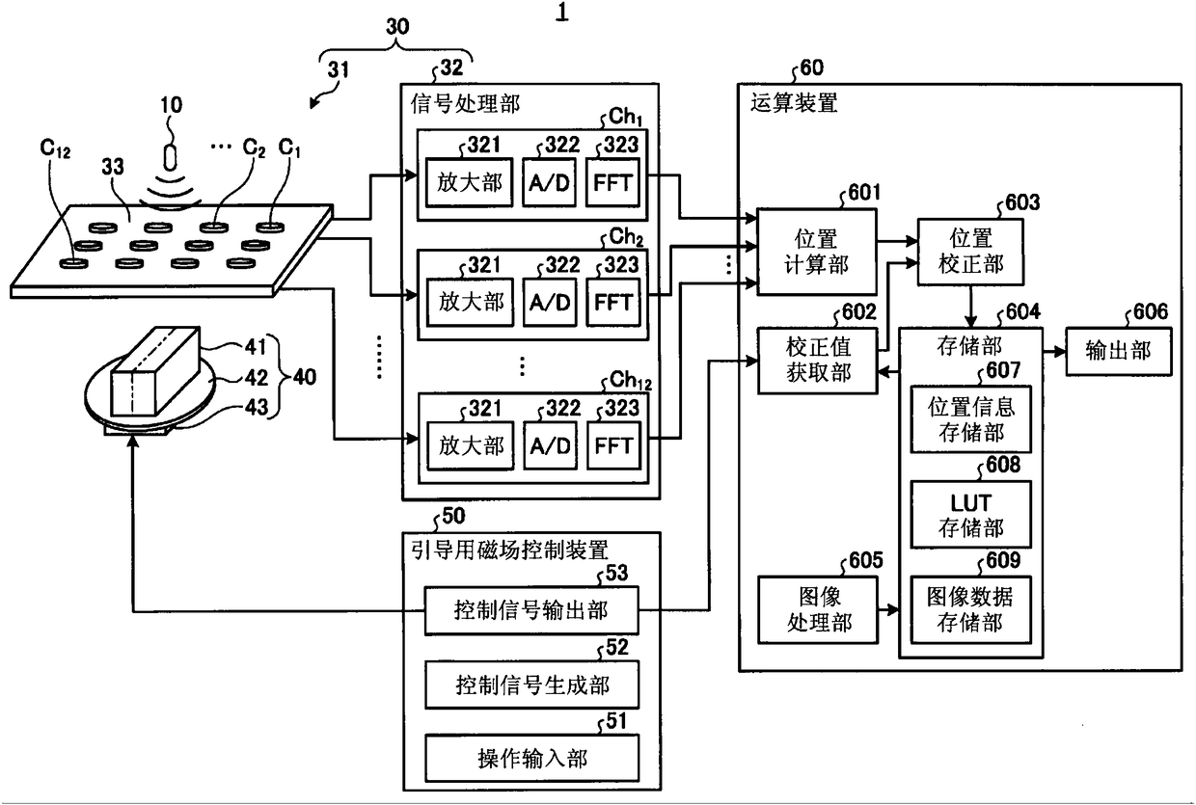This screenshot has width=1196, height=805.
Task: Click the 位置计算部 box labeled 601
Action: click(816, 252)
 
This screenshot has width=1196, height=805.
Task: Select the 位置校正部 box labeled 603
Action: click(970, 252)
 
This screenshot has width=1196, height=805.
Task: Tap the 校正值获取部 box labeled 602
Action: click(818, 361)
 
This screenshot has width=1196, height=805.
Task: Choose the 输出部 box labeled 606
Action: click(1119, 351)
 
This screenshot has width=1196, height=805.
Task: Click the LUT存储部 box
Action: click(970, 514)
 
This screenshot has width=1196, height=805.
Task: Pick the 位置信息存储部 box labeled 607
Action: click(970, 419)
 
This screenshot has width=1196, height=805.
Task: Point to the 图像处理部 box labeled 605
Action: click(818, 609)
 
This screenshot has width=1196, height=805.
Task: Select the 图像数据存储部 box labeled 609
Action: click(970, 609)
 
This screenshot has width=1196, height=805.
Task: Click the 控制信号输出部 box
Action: click(531, 610)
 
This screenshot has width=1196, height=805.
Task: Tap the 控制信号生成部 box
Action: click(531, 684)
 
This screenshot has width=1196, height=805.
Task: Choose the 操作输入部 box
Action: click(531, 758)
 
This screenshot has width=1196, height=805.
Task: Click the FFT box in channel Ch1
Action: click(612, 182)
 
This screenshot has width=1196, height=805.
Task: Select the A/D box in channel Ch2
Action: click(550, 302)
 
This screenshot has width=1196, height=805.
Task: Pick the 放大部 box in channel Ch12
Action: click(471, 445)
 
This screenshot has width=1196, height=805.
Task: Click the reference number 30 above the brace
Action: click(397, 27)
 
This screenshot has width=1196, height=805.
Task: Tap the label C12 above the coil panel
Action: click(55, 148)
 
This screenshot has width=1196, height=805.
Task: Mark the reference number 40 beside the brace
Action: click(305, 377)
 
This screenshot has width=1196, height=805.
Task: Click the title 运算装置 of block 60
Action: click(794, 102)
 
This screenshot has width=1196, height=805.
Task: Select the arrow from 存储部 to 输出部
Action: click(1054, 352)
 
